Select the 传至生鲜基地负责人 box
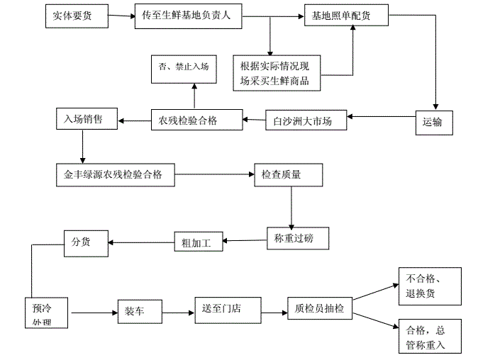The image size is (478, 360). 187,16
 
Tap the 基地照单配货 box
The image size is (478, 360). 345,16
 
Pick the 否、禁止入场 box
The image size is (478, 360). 184,69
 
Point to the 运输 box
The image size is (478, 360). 433,121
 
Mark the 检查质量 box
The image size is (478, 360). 288,174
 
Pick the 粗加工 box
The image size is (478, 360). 198,242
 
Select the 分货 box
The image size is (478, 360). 85,242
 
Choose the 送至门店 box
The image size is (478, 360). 226,310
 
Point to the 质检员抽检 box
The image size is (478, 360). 319,310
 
